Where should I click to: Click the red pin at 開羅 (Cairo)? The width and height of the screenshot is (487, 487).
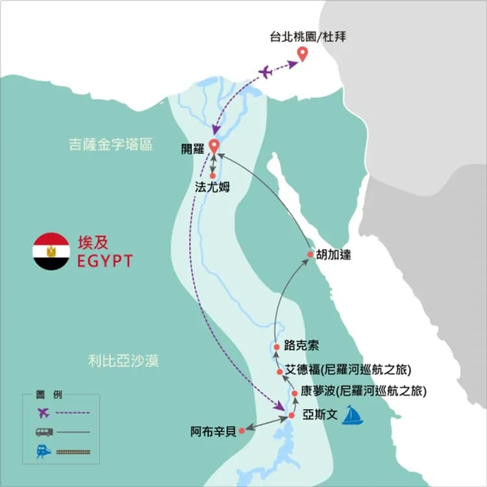(x=213, y=146)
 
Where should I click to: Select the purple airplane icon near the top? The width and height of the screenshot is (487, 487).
(x=266, y=71)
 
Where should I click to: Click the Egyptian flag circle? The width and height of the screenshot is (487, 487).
(x=51, y=251)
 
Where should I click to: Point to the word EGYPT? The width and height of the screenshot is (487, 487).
(x=105, y=261)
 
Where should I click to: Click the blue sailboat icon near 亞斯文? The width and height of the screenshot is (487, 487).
(x=353, y=415)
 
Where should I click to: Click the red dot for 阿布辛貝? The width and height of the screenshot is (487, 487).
(x=242, y=430)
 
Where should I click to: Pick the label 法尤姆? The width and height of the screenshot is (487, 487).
(x=212, y=187)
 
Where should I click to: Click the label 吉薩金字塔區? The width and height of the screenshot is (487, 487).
(x=110, y=145)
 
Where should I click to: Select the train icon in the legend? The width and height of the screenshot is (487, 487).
(x=44, y=451)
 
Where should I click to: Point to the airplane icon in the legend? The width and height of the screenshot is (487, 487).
(x=44, y=412)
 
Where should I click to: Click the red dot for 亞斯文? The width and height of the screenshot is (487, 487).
(x=292, y=416)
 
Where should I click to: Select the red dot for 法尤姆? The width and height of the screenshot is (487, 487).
(x=213, y=176)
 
